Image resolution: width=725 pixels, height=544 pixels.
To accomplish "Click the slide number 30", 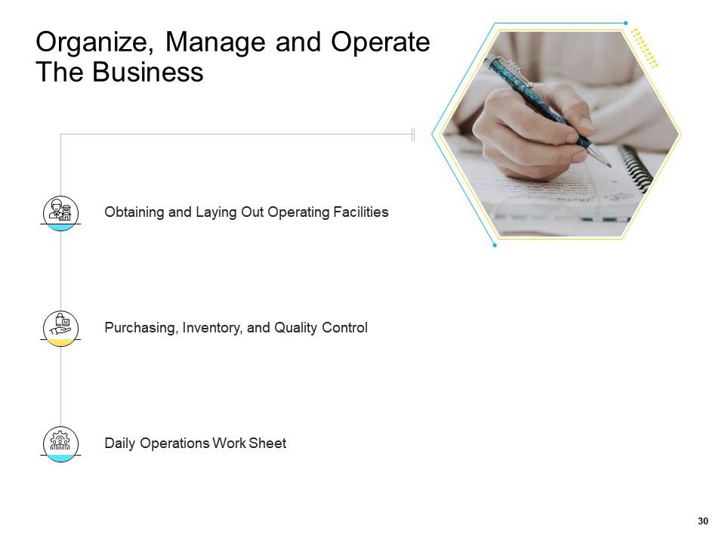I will coord(703,521).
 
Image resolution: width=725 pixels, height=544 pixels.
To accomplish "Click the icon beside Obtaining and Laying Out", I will coord(60,211).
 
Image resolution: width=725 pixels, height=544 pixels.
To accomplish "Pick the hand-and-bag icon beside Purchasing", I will coord(60,326).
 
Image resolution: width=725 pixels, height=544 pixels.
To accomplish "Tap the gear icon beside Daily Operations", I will coord(60,440).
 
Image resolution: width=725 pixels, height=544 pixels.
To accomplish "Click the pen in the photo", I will coord(544,106).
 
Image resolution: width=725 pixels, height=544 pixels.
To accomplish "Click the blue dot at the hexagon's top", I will coord(625,23).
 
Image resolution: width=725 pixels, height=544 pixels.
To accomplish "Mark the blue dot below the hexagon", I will coord(494,246).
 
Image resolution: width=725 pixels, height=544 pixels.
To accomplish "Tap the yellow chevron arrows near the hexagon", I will coord(644,48).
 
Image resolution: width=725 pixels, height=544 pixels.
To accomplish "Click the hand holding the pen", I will coord(529,128).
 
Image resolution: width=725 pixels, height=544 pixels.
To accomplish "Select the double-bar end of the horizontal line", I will coord(413,134).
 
